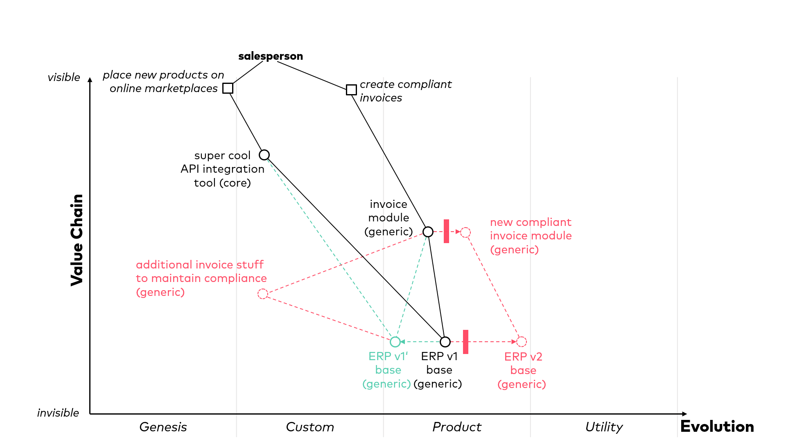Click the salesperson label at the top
[x=271, y=56]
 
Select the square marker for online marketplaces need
[x=228, y=88]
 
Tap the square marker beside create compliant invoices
[x=351, y=90]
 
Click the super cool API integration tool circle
[x=264, y=155]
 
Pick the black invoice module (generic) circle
[x=428, y=232]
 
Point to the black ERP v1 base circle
[x=445, y=342]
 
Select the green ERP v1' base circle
[x=395, y=342]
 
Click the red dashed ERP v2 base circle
[x=522, y=342]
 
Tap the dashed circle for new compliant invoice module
[x=465, y=232]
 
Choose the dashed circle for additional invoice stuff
[x=263, y=294]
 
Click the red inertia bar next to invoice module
[x=447, y=231]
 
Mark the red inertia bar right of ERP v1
[x=466, y=342]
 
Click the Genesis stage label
[x=163, y=427]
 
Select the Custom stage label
[x=310, y=427]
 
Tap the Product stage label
[x=457, y=427]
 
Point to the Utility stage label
[x=604, y=427]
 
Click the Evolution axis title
[x=717, y=427]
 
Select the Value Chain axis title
[x=77, y=240]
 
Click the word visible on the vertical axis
[x=64, y=77]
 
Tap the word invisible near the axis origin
[x=58, y=413]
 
